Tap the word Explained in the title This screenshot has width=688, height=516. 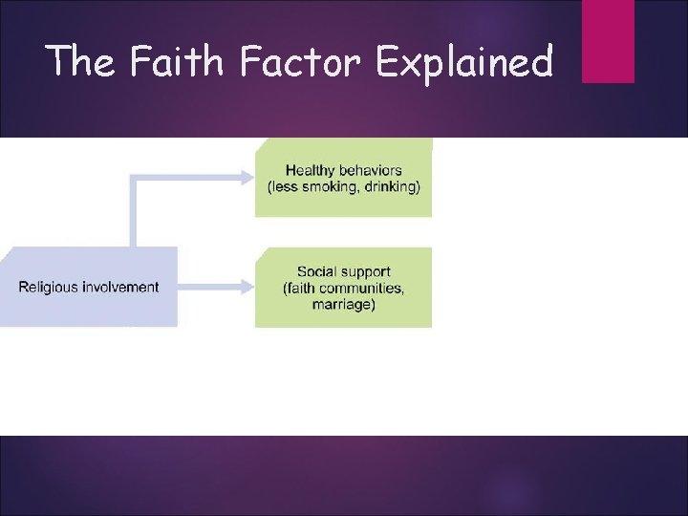(464, 63)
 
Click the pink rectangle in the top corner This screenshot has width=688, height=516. (608, 40)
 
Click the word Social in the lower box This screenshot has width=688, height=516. (316, 272)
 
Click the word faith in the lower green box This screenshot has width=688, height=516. (302, 289)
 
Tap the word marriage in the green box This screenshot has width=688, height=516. (343, 305)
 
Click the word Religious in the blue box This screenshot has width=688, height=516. (48, 287)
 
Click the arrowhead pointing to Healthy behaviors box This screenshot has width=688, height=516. (247, 177)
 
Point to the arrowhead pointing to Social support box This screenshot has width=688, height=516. (247, 287)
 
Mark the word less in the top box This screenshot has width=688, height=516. (286, 187)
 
